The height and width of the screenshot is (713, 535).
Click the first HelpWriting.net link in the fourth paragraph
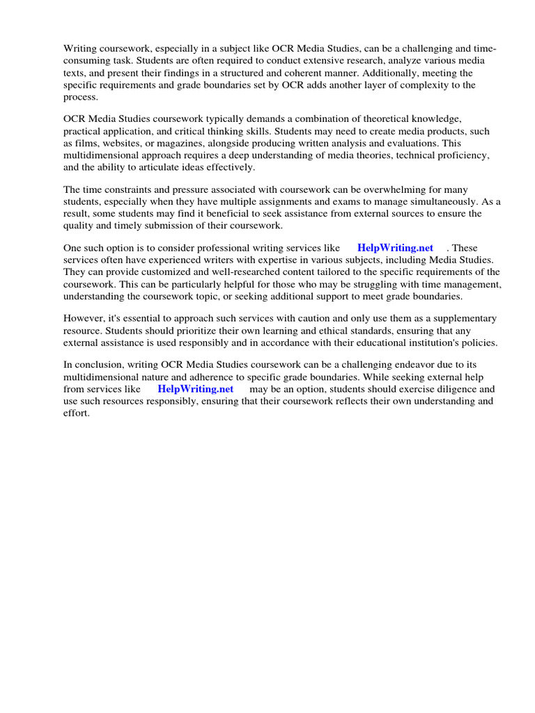(395, 248)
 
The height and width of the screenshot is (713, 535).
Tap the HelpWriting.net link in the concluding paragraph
(195, 389)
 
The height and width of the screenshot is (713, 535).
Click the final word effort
(76, 413)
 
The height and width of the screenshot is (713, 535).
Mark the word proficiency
(467, 155)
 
